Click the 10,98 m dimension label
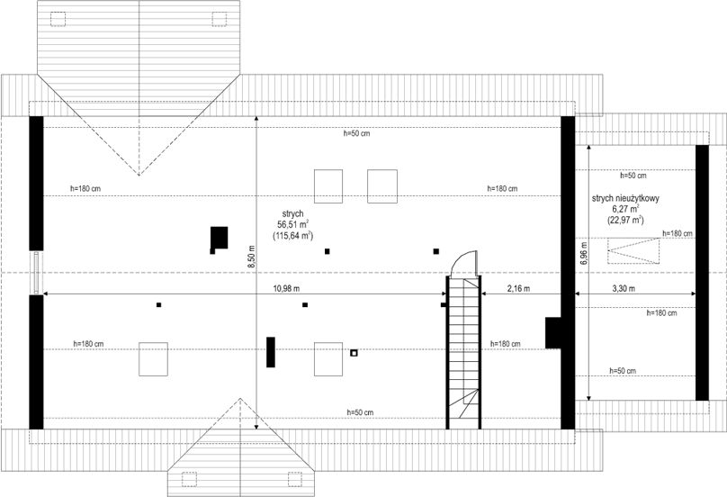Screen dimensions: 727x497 (x=286, y=289)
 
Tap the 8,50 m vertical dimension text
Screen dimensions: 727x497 (x=251, y=257)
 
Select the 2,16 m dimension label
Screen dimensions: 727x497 (x=518, y=289)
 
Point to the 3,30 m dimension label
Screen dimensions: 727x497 (x=624, y=289)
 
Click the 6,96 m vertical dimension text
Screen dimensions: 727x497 (x=583, y=253)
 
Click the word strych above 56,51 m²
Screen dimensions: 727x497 (x=293, y=213)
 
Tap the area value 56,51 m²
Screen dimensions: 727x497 (x=293, y=224)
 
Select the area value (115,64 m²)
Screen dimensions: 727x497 (x=293, y=236)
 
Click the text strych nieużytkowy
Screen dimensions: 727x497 (x=625, y=198)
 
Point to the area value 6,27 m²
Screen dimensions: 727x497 (x=625, y=209)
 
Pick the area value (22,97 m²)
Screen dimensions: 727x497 (x=625, y=220)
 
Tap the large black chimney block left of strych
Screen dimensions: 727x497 (x=220, y=238)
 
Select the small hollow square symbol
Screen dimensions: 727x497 (x=354, y=353)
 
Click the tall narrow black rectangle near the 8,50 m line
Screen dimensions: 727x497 (x=271, y=352)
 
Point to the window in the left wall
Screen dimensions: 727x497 (x=36, y=273)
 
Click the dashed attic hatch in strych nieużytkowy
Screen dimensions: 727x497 (x=633, y=250)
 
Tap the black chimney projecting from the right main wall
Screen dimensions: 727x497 (x=553, y=333)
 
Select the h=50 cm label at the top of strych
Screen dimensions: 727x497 (x=356, y=133)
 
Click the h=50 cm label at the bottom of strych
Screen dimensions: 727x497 (x=360, y=412)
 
